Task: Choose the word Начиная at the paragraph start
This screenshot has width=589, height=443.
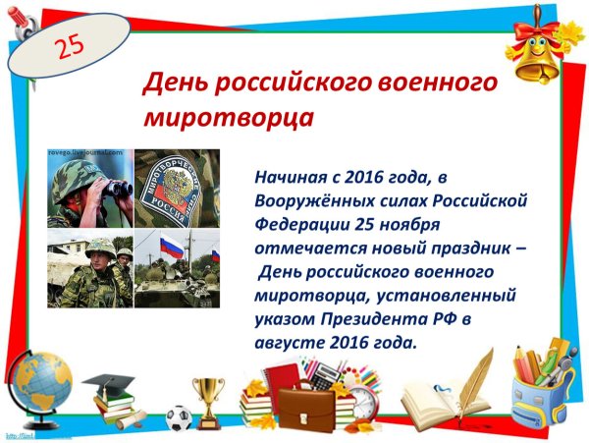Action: pyautogui.click(x=288, y=180)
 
